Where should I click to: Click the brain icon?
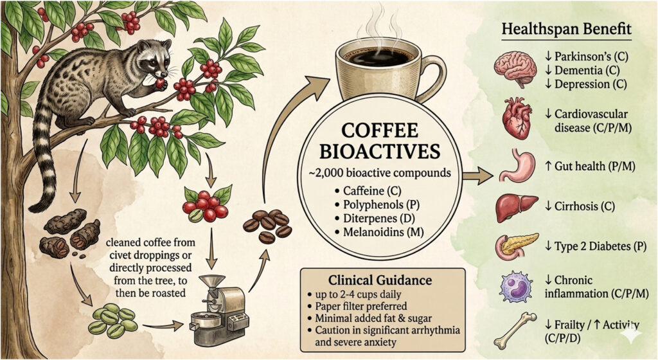click(515, 69)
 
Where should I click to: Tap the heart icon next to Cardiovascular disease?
click(517, 119)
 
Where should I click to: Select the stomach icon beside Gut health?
click(517, 166)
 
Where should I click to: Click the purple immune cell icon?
click(516, 287)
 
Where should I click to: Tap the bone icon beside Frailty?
click(515, 331)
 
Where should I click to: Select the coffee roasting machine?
click(218, 310)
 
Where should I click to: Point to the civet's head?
click(154, 57)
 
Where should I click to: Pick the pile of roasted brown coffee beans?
click(267, 226)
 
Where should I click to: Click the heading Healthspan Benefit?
click(567, 30)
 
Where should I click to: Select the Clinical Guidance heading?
click(380, 280)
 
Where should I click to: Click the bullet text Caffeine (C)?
click(372, 191)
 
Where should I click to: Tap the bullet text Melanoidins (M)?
click(384, 231)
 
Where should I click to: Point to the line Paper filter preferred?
click(361, 306)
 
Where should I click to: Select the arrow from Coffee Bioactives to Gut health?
click(478, 176)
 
